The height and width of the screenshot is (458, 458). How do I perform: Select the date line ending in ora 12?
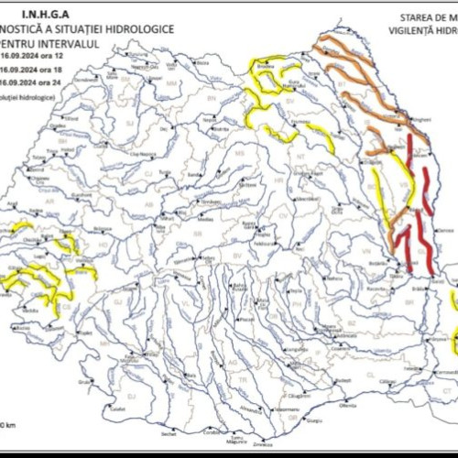pyautogui.click(x=38, y=56)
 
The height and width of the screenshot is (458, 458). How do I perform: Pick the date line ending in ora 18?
pyautogui.click(x=38, y=69)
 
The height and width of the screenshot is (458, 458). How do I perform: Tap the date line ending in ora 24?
pyautogui.click(x=38, y=82)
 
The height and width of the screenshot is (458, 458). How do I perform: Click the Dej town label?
pyautogui.click(x=166, y=129)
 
